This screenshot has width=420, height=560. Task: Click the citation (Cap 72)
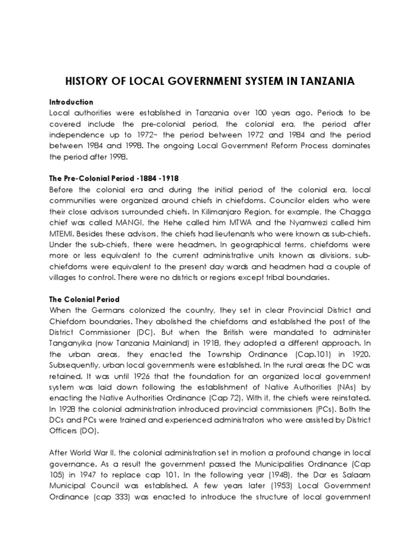tap(238, 398)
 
